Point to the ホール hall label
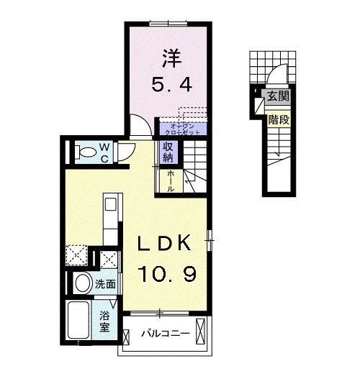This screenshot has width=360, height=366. [x=171, y=180]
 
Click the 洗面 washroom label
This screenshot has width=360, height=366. [x=106, y=283]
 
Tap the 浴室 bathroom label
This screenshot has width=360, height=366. [x=104, y=320]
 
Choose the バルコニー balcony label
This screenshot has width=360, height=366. [x=164, y=334]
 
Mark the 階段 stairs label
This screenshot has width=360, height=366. [x=278, y=119]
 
